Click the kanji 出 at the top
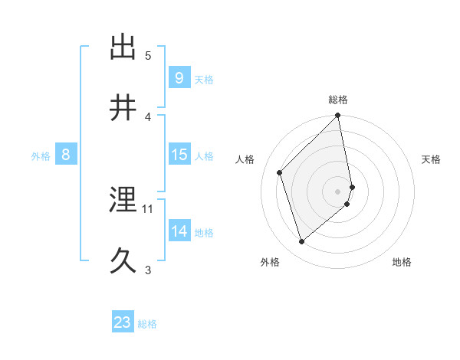pyautogui.click(x=123, y=47)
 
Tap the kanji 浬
pyautogui.click(x=123, y=200)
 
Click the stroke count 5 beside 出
pyautogui.click(x=148, y=55)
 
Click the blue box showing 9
pyautogui.click(x=179, y=78)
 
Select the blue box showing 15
pyautogui.click(x=179, y=155)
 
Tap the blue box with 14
pyautogui.click(x=179, y=231)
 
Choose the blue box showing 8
pyautogui.click(x=65, y=155)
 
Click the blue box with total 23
pyautogui.click(x=123, y=322)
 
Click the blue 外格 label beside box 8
pyautogui.click(x=41, y=156)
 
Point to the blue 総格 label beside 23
pyautogui.click(x=147, y=324)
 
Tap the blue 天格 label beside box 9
pyautogui.click(x=204, y=80)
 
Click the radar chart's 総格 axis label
pyautogui.click(x=338, y=100)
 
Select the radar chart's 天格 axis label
pyautogui.click(x=432, y=159)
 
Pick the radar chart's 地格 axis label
pyautogui.click(x=402, y=262)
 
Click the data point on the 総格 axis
pyautogui.click(x=338, y=116)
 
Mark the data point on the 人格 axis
pyautogui.click(x=280, y=172)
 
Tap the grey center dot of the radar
pyautogui.click(x=338, y=191)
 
